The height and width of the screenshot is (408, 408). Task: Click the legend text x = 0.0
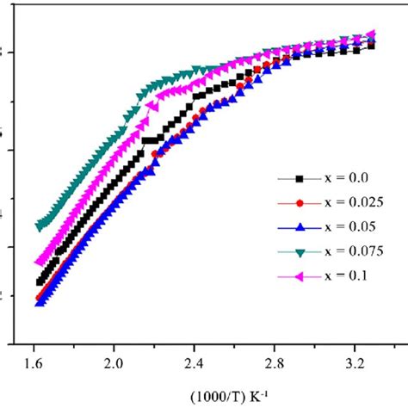344,178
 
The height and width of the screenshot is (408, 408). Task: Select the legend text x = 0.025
351,203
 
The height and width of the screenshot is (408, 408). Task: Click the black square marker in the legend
299,179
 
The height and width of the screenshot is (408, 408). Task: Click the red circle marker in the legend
299,203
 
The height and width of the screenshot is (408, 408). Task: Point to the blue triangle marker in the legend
299,227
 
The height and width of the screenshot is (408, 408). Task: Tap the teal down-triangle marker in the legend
299,252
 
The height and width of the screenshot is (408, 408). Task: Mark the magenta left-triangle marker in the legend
299,276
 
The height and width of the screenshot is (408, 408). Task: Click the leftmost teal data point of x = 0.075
39,226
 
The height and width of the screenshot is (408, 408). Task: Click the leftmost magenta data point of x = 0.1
39,263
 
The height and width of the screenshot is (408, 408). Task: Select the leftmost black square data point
39,281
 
